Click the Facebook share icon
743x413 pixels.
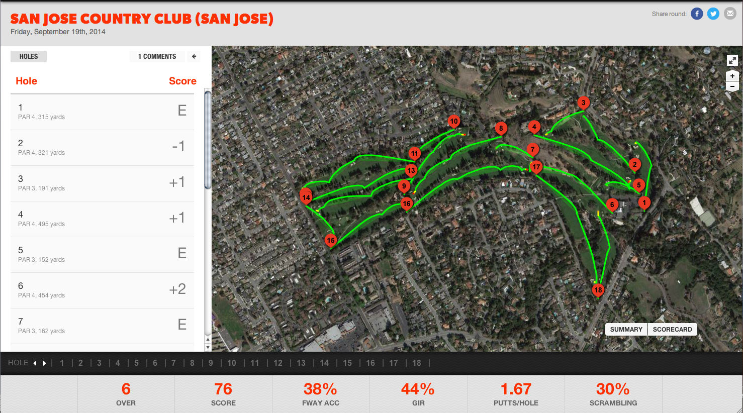[x=697, y=14]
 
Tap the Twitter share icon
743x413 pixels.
[x=713, y=14]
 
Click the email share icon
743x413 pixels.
[x=730, y=14]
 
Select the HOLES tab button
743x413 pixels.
[x=29, y=56]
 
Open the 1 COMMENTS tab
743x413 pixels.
[x=157, y=56]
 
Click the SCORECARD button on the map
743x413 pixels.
[x=672, y=330]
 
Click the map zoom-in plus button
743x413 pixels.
[x=732, y=76]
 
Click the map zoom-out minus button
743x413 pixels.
[x=732, y=86]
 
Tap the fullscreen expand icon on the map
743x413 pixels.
[x=732, y=60]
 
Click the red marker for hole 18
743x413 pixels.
[x=598, y=290]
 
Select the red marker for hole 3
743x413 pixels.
[x=583, y=103]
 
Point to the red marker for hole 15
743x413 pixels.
[x=330, y=240]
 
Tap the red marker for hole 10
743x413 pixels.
[x=454, y=121]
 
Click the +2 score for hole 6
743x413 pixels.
[x=177, y=289]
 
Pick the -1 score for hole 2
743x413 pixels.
[x=178, y=147]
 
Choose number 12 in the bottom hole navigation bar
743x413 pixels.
[x=278, y=363]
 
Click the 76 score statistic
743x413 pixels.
[x=223, y=389]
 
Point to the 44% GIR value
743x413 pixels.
[x=418, y=389]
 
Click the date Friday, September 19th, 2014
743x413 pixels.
[x=58, y=32]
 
